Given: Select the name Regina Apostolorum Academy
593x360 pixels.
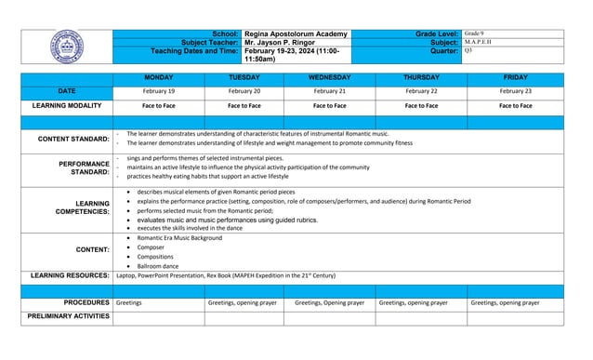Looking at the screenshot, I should pos(296,33).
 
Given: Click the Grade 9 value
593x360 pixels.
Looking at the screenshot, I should pos(475,33).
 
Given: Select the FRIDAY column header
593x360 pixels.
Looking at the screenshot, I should pos(515,77).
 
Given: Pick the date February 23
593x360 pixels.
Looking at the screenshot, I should pos(515,91).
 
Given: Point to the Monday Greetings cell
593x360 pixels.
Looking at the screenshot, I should pos(129,302).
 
